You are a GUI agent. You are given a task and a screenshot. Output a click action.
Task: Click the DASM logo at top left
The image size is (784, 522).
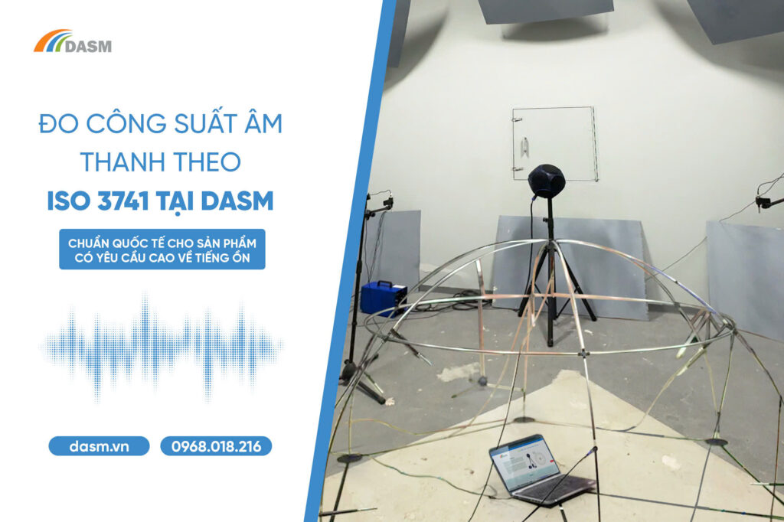[x=73, y=41]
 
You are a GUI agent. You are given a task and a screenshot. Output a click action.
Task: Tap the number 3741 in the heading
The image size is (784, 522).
[x=123, y=201]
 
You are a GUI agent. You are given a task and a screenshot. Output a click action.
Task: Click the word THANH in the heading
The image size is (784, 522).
[x=119, y=162]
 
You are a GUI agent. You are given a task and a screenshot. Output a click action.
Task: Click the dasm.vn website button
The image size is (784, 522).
[x=99, y=446]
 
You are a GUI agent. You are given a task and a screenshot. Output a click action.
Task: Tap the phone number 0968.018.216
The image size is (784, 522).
[x=216, y=446]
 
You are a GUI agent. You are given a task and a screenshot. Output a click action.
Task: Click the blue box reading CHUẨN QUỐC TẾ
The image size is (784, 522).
[x=162, y=250]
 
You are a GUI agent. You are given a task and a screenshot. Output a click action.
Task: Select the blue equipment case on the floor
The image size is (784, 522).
[x=383, y=298]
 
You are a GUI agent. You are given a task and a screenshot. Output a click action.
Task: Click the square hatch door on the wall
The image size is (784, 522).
[x=554, y=144]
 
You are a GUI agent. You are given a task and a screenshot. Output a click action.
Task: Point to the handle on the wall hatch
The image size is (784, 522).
[x=524, y=147]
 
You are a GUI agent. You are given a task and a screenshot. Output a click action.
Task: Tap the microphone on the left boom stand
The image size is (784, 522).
[x=387, y=203]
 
